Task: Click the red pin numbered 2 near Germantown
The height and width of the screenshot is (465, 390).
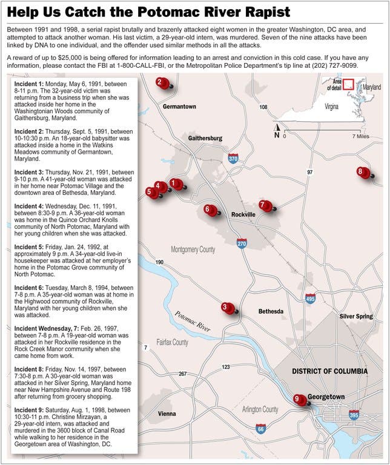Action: (x=160, y=83)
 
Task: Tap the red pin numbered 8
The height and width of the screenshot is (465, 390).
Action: (x=362, y=172)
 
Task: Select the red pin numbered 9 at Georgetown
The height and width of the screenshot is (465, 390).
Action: (x=298, y=399)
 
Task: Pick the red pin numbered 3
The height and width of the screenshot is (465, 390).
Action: (x=226, y=308)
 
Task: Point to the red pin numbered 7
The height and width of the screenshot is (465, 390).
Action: (x=264, y=205)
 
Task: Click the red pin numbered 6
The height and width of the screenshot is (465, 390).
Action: (x=210, y=210)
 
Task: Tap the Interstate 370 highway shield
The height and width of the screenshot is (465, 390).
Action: (x=233, y=159)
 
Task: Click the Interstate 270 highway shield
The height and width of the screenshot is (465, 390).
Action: (x=242, y=243)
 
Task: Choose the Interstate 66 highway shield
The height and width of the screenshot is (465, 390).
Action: (x=260, y=429)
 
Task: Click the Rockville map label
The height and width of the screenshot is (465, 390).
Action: (x=243, y=215)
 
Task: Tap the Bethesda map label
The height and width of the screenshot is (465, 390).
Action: (x=271, y=311)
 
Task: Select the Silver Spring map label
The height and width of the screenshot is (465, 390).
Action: (x=356, y=316)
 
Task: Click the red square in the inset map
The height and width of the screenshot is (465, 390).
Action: (x=348, y=85)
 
